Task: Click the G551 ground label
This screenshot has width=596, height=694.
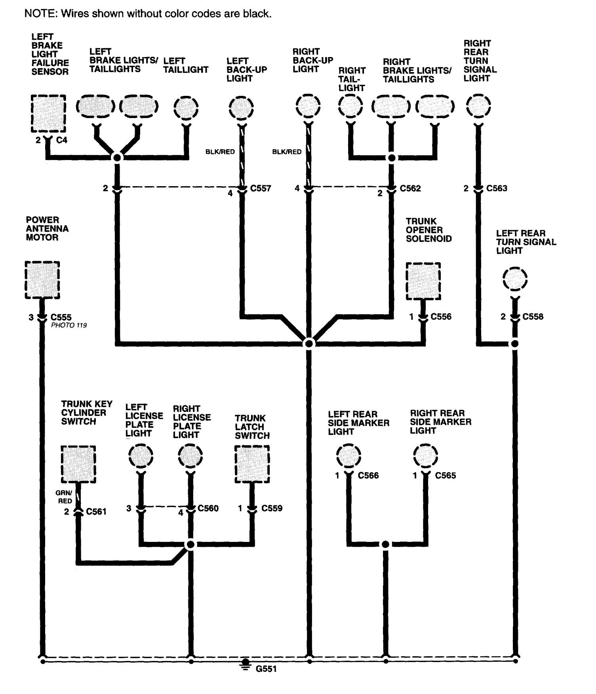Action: (x=266, y=669)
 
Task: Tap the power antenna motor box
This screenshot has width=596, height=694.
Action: (x=42, y=280)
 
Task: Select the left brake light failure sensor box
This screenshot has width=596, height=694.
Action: (x=48, y=113)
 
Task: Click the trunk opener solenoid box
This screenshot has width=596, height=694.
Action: (x=423, y=281)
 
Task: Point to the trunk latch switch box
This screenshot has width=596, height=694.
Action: (x=252, y=464)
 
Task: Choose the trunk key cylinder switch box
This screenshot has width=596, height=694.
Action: (x=78, y=464)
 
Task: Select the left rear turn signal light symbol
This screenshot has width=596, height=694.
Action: (x=515, y=280)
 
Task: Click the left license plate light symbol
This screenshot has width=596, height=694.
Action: (x=141, y=456)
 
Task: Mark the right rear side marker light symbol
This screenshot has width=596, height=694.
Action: (x=425, y=456)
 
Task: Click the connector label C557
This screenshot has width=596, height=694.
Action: (x=261, y=188)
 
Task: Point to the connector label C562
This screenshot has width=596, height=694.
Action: (x=410, y=188)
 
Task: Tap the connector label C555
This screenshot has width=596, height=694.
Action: (x=61, y=317)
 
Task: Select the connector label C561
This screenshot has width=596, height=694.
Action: (x=96, y=512)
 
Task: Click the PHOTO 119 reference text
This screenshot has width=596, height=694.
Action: (x=69, y=325)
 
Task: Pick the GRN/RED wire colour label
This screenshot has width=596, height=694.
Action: (x=64, y=497)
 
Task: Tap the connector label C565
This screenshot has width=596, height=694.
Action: (x=446, y=475)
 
